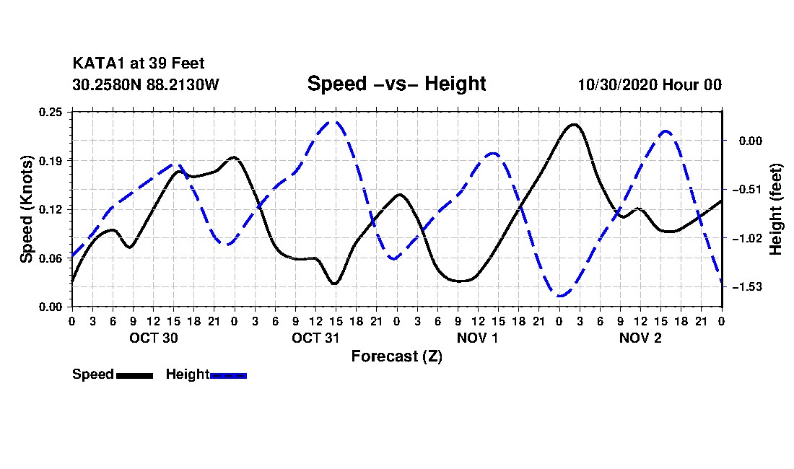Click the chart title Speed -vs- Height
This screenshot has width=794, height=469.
pyautogui.click(x=396, y=84)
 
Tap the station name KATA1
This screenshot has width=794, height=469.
pyautogui.click(x=100, y=63)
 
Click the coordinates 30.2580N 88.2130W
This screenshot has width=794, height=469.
pyautogui.click(x=146, y=84)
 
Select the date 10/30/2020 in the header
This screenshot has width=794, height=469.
pyautogui.click(x=617, y=84)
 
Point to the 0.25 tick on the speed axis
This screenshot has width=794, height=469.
pyautogui.click(x=51, y=112)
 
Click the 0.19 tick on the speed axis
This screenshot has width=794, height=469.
pyautogui.click(x=51, y=161)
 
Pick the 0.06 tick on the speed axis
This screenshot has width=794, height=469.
pyautogui.click(x=51, y=258)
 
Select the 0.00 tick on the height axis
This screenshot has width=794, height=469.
pyautogui.click(x=751, y=141)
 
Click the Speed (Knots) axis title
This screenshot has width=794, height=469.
pyautogui.click(x=26, y=209)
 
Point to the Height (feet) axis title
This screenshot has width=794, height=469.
pyautogui.click(x=776, y=209)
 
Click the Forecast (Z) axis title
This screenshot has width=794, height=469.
pyautogui.click(x=396, y=356)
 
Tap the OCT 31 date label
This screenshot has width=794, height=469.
pyautogui.click(x=315, y=338)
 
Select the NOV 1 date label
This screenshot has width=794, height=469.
pyautogui.click(x=478, y=338)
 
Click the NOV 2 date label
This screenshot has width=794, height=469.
pyautogui.click(x=640, y=338)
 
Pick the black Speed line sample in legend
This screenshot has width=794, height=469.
pyautogui.click(x=135, y=375)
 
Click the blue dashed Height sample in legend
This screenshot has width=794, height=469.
pyautogui.click(x=228, y=375)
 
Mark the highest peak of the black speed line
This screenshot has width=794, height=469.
pyautogui.click(x=574, y=124)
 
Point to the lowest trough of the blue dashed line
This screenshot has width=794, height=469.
pyautogui.click(x=560, y=295)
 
